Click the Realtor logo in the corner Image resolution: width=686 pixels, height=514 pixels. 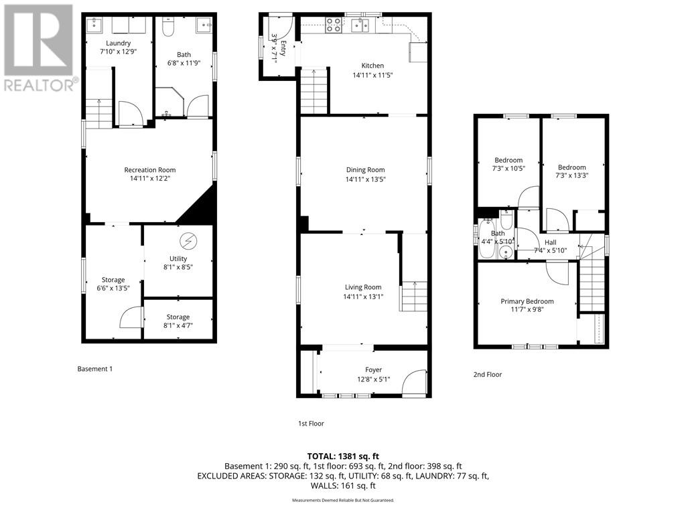click(x=38, y=47)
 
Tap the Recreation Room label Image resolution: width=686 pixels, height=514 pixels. click(x=149, y=170)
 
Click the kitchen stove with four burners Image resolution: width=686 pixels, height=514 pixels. click(x=333, y=26)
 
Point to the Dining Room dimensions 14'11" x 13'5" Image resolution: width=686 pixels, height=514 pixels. click(x=365, y=179)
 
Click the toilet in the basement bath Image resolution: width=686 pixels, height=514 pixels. click(x=167, y=27)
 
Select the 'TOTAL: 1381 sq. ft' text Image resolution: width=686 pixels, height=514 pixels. click(x=343, y=456)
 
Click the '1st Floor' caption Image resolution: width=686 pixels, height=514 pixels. click(x=311, y=423)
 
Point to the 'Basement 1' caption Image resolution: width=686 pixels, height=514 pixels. click(x=95, y=369)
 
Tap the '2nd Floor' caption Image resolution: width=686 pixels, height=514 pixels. click(x=487, y=375)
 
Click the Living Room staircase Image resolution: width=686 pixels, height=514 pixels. click(x=414, y=296)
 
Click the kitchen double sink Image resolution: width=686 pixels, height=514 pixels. click(x=360, y=26)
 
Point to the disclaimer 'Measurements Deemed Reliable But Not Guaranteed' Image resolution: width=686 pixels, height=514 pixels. click(x=343, y=500)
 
